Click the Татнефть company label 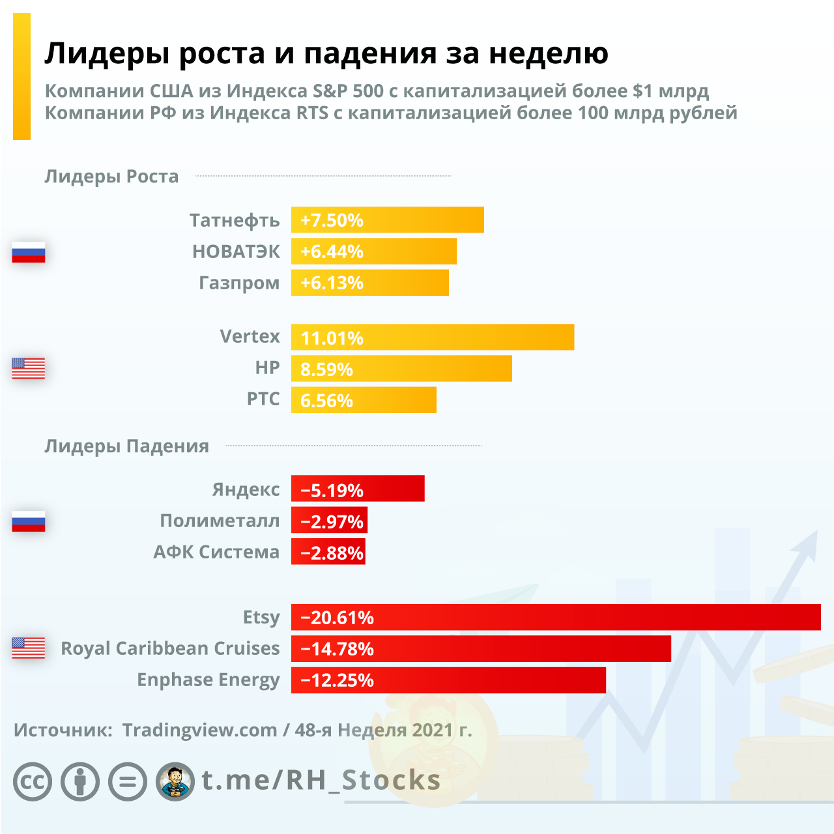(235, 220)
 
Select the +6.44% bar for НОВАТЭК (373, 252)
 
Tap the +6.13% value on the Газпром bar (332, 283)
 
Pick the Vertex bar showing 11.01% (432, 338)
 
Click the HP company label (267, 368)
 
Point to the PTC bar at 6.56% (364, 400)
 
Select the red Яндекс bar (358, 489)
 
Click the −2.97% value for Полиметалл (332, 521)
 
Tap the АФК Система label (216, 553)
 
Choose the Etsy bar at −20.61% (555, 618)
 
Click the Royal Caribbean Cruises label (170, 649)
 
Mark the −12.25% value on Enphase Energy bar (337, 680)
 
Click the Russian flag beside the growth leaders (29, 252)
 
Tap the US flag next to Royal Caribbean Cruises (29, 648)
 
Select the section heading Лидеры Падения (126, 446)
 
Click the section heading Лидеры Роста (111, 177)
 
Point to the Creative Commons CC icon (33, 781)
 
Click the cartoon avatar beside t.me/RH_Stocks (175, 781)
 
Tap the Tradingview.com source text (199, 730)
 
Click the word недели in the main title (549, 53)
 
